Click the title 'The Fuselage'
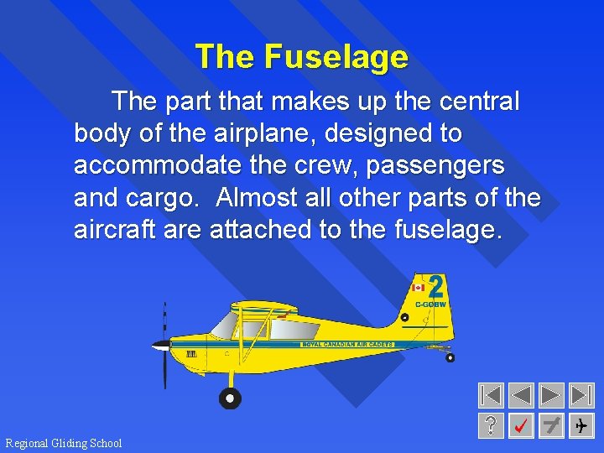tap(301, 57)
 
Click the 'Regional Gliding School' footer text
tap(64, 443)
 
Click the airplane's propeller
tap(164, 345)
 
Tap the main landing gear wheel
tap(229, 398)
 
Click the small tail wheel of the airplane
tap(450, 358)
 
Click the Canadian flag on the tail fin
tap(418, 287)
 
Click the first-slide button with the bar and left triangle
tap(491, 395)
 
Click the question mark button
tap(491, 426)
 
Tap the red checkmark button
tap(521, 426)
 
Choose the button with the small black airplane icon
tap(581, 426)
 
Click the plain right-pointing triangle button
tap(550, 395)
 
